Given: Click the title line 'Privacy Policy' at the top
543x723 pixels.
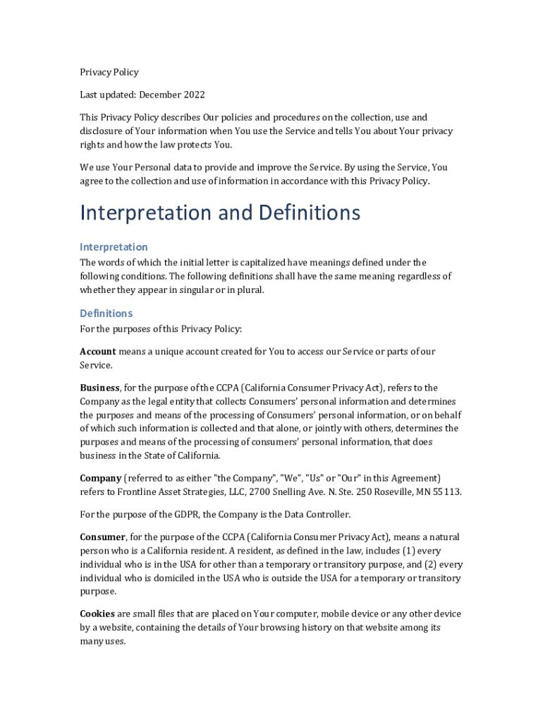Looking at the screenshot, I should [x=109, y=72].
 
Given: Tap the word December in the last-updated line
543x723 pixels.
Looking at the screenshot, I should [x=160, y=95].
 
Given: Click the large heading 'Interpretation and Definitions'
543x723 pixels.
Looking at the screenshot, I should [x=220, y=213].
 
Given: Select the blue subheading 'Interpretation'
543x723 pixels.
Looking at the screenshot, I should [x=114, y=247].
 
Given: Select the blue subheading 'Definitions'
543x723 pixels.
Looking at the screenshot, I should [x=106, y=313].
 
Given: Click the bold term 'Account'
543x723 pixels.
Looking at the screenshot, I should [x=97, y=352].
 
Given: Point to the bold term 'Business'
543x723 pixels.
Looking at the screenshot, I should [x=99, y=388].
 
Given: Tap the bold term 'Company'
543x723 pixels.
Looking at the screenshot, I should [x=101, y=478].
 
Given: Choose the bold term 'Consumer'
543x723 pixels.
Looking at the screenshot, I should [x=103, y=537].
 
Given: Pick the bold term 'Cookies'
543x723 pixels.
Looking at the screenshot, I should [x=97, y=614].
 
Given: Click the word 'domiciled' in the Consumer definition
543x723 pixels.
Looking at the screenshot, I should [x=154, y=578].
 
